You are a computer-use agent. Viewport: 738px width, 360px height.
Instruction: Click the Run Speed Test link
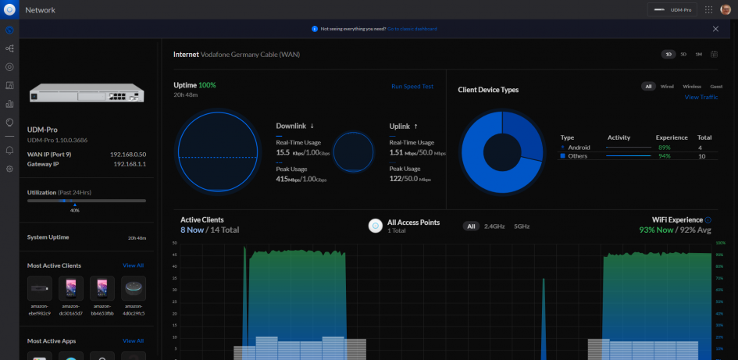coord(412,87)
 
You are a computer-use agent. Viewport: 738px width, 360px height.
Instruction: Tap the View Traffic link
coord(701,97)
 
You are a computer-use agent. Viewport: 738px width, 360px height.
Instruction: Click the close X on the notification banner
coord(715,29)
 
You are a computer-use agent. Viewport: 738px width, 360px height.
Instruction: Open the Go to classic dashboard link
coord(412,29)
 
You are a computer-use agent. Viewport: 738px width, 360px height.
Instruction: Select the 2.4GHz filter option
coord(495,226)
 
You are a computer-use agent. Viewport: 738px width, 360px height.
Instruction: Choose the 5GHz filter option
coord(521,226)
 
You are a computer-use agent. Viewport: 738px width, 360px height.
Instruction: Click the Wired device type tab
coord(667,87)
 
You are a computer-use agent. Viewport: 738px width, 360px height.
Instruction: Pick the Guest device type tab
coord(716,87)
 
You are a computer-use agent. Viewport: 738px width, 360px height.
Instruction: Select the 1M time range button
coord(698,55)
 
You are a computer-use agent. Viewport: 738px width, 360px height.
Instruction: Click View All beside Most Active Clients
coord(133,266)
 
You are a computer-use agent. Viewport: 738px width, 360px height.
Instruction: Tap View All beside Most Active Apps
coord(133,341)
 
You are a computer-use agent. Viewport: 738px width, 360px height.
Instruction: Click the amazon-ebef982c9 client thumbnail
coord(40,289)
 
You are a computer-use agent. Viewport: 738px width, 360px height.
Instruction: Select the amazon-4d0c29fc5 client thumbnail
coord(134,289)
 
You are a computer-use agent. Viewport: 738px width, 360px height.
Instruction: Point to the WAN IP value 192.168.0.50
coord(129,155)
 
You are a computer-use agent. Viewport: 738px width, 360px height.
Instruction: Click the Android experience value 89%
coord(664,147)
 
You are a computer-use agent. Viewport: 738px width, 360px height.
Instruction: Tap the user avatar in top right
coord(726,9)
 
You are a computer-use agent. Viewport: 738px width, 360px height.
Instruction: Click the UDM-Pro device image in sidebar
coord(86,94)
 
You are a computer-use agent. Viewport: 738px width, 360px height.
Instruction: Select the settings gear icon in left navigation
coord(9,169)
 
